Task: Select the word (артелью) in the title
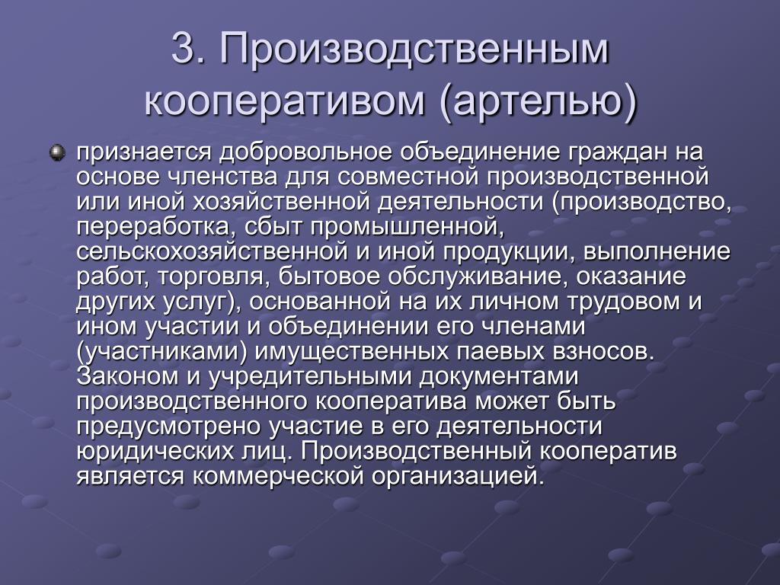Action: pos(538,100)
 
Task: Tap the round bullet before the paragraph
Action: pos(58,152)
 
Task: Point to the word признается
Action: pos(144,152)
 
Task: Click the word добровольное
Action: pos(306,152)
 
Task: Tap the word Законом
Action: pos(127,376)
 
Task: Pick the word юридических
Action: pos(155,451)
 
